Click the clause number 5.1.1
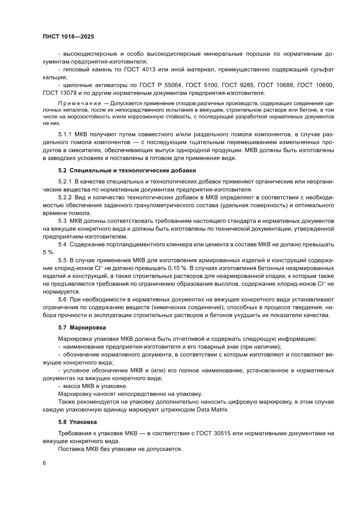[x=65, y=135]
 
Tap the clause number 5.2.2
[x=65, y=197]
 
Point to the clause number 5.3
[x=62, y=221]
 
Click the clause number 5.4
[x=62, y=244]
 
